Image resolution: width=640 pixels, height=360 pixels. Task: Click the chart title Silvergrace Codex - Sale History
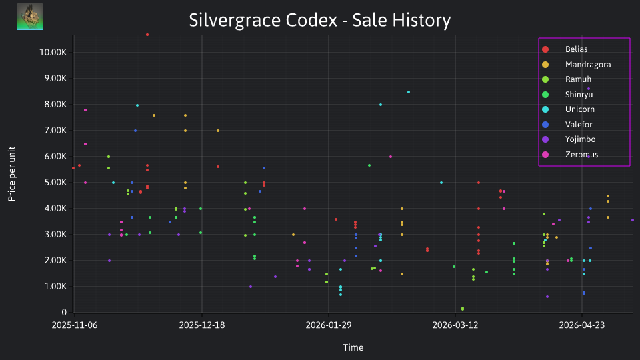click(x=319, y=20)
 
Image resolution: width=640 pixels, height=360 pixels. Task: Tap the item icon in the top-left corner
click(x=30, y=17)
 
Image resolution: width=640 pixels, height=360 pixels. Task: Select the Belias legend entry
click(x=566, y=49)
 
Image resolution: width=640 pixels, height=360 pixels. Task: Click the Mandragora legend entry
click(x=576, y=65)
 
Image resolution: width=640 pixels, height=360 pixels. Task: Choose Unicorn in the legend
click(x=568, y=109)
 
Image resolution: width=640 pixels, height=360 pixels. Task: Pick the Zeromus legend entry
click(x=570, y=155)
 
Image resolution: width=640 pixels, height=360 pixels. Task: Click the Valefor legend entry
click(x=567, y=125)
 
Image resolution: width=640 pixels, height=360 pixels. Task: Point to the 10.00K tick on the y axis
click(x=53, y=52)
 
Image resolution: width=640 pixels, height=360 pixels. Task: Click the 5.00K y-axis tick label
click(x=55, y=183)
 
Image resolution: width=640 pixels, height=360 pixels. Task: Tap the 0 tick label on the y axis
click(x=64, y=312)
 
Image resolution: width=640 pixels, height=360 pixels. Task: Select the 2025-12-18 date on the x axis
click(x=201, y=325)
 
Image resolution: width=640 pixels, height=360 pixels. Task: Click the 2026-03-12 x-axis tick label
click(x=455, y=325)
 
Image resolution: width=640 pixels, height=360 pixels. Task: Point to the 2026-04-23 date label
click(x=581, y=325)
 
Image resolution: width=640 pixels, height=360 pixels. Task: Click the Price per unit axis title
click(x=12, y=174)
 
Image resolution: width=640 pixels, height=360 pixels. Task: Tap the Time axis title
click(x=353, y=347)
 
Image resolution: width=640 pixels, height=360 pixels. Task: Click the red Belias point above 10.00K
click(x=147, y=35)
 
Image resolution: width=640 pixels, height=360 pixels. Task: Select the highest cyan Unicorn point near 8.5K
click(x=409, y=92)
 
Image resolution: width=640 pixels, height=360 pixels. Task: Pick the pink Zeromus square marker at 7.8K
click(x=85, y=110)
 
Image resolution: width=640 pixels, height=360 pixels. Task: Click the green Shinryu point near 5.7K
click(x=369, y=165)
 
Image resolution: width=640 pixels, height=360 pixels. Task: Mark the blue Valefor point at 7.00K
click(x=135, y=131)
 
